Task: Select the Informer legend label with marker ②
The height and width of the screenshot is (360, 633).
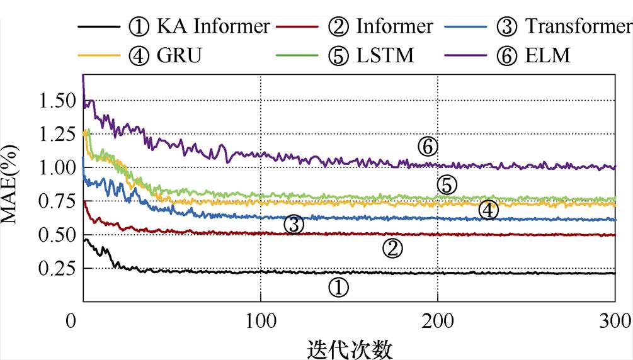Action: coord(380,26)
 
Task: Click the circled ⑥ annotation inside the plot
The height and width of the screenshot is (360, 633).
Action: coord(427,147)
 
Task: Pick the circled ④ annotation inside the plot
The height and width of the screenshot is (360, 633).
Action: coord(488,210)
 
